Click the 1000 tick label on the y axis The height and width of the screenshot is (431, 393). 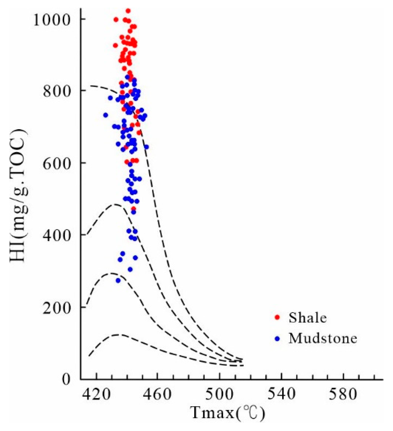coord(51,20)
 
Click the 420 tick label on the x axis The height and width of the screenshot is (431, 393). coord(97,395)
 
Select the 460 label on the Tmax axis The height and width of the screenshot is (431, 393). coord(157,395)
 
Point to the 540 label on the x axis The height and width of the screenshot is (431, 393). coord(281,394)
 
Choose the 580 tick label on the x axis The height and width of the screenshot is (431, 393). coord(343,395)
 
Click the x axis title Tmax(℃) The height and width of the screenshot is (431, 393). coord(228,413)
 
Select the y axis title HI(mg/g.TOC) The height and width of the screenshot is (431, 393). coord(18,195)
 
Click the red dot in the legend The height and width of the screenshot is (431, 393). coord(277,317)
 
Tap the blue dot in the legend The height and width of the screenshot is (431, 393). coord(277,338)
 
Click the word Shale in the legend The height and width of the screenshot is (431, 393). coord(308,318)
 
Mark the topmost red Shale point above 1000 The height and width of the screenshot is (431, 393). coord(128,11)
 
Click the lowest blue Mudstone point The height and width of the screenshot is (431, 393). coord(118,280)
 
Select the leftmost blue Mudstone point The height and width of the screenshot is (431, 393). coord(106,115)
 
